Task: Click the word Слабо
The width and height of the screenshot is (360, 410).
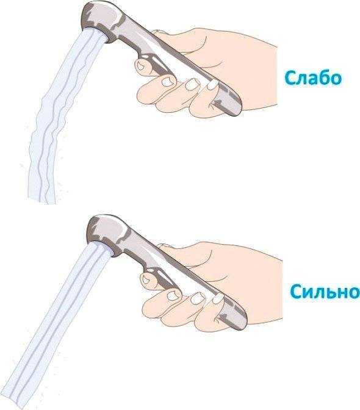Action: coord(313,77)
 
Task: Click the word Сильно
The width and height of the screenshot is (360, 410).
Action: coord(325,292)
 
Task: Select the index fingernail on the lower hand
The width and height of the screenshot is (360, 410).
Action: coord(146,280)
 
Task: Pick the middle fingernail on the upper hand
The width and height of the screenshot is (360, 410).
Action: coord(167,82)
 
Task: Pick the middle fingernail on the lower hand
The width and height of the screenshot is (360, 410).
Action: coord(172,296)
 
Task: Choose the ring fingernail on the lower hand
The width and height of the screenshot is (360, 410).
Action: coord(198,298)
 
